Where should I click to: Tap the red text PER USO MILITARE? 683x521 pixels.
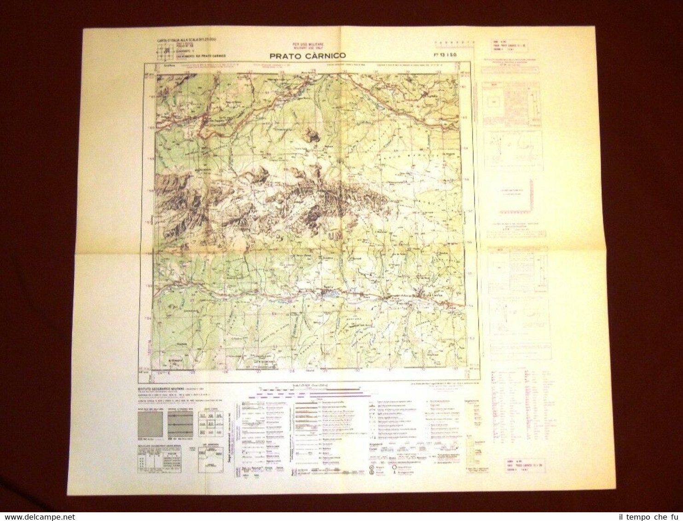[x=307, y=44]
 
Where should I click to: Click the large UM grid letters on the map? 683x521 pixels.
[x=336, y=235]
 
